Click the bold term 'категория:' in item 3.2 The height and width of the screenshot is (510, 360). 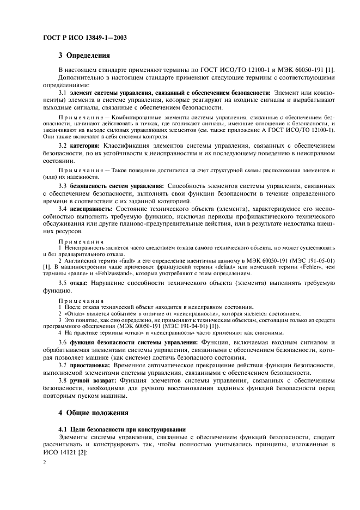[83, 147]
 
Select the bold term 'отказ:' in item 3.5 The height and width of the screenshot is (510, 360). [80, 284]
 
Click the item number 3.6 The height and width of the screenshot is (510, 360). [63, 342]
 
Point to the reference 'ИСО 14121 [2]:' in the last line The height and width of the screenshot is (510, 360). [65, 452]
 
